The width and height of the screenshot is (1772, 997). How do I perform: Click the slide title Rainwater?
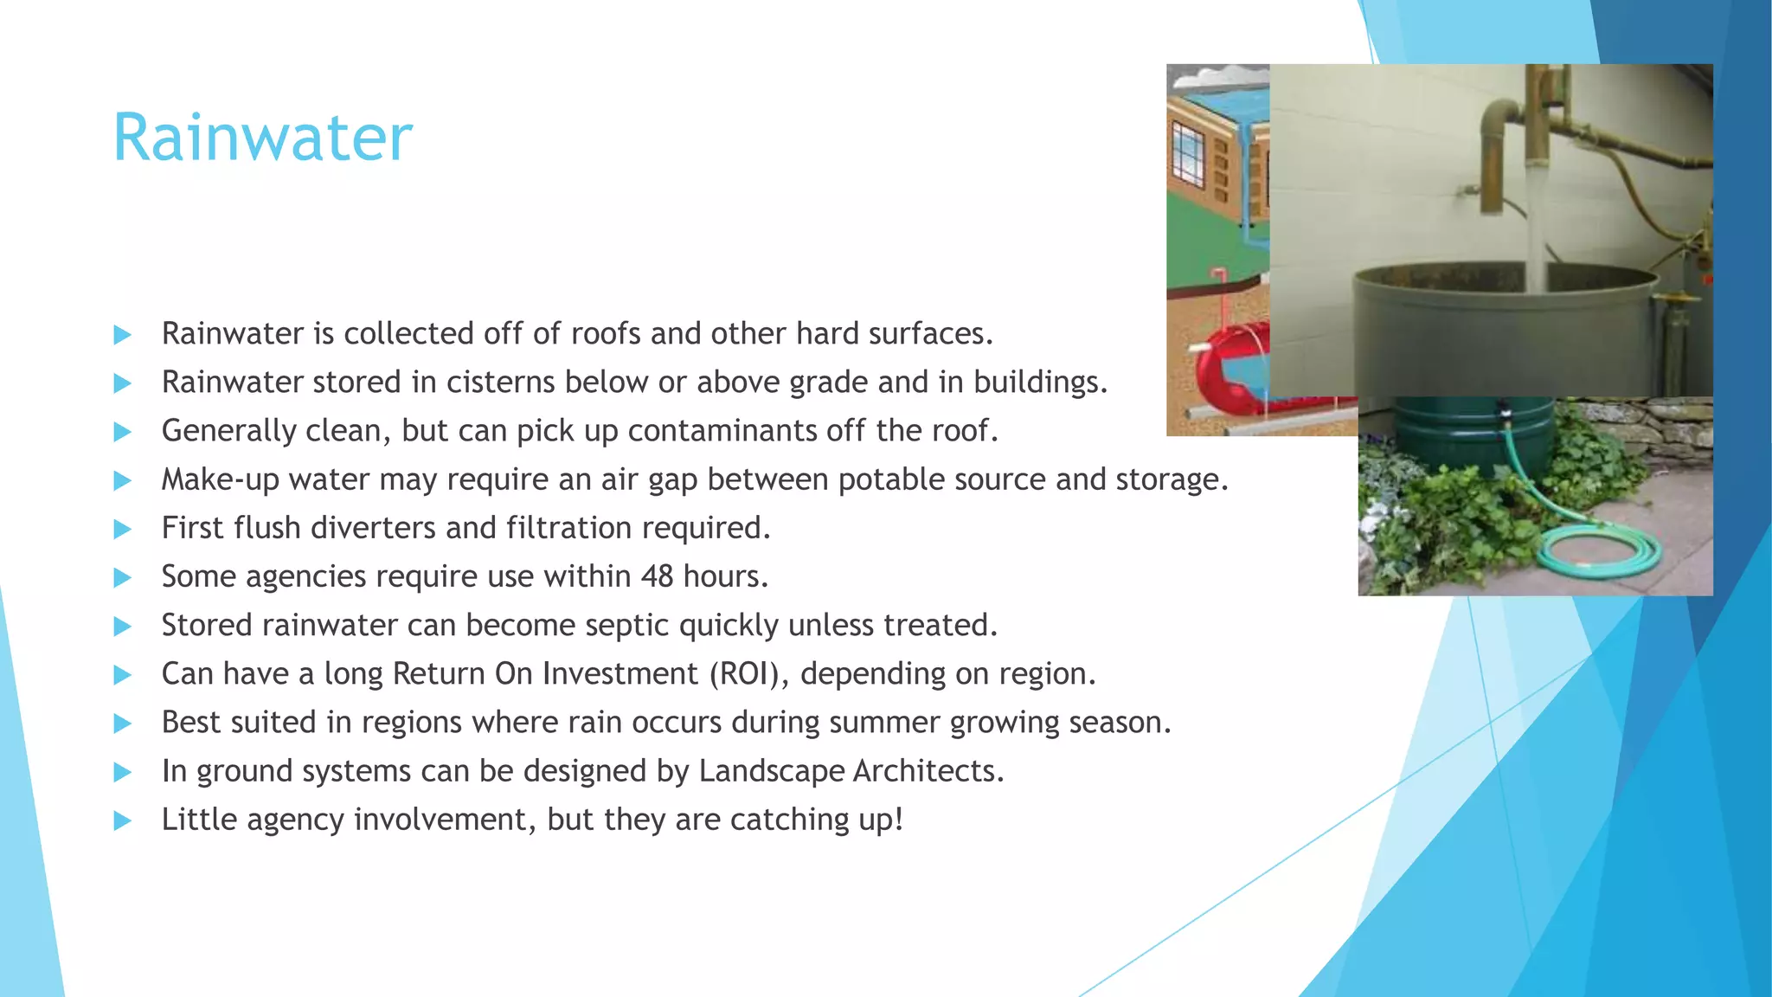tap(263, 138)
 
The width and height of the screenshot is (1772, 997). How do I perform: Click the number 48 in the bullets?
tap(657, 576)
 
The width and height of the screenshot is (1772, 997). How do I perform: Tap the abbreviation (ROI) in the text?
tap(748, 673)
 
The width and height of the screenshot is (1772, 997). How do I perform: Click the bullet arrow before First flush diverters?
tap(122, 529)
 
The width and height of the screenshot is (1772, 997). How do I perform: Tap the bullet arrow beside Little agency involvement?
tap(122, 820)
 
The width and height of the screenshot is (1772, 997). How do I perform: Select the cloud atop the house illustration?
tap(1217, 78)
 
